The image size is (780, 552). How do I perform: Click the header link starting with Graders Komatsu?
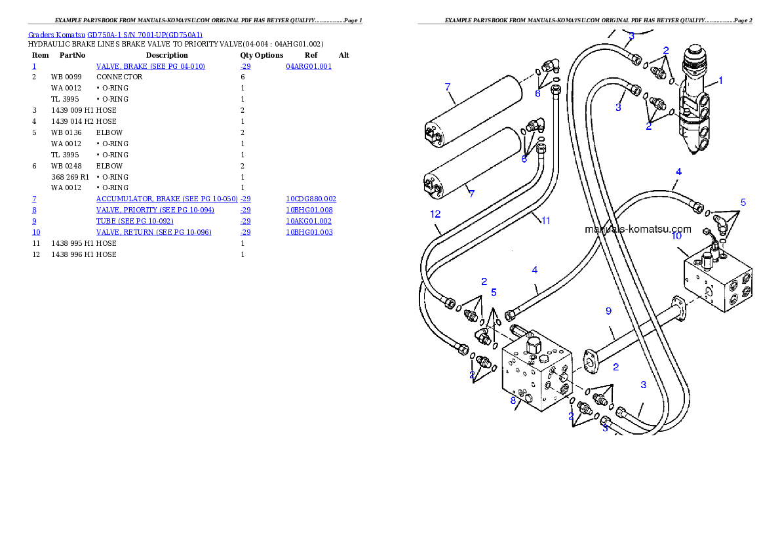click(x=115, y=35)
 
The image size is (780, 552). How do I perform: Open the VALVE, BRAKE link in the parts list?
click(x=150, y=67)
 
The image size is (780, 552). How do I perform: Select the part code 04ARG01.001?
click(x=309, y=67)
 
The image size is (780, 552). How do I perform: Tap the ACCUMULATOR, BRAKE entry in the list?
click(x=166, y=199)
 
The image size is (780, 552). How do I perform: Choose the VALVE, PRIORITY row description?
click(x=155, y=210)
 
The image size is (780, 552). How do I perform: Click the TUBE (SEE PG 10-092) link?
click(x=134, y=221)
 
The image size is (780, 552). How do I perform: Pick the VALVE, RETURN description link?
click(x=153, y=232)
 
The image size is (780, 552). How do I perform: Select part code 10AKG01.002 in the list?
click(x=309, y=221)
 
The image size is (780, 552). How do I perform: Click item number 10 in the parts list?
click(x=36, y=232)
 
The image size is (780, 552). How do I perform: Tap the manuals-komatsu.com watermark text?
click(x=637, y=229)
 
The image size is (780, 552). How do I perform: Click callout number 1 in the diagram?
click(x=720, y=81)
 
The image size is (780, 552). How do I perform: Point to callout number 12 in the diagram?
click(x=435, y=214)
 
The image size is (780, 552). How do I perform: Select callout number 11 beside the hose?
click(x=545, y=221)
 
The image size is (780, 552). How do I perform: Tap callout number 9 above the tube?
click(x=608, y=311)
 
